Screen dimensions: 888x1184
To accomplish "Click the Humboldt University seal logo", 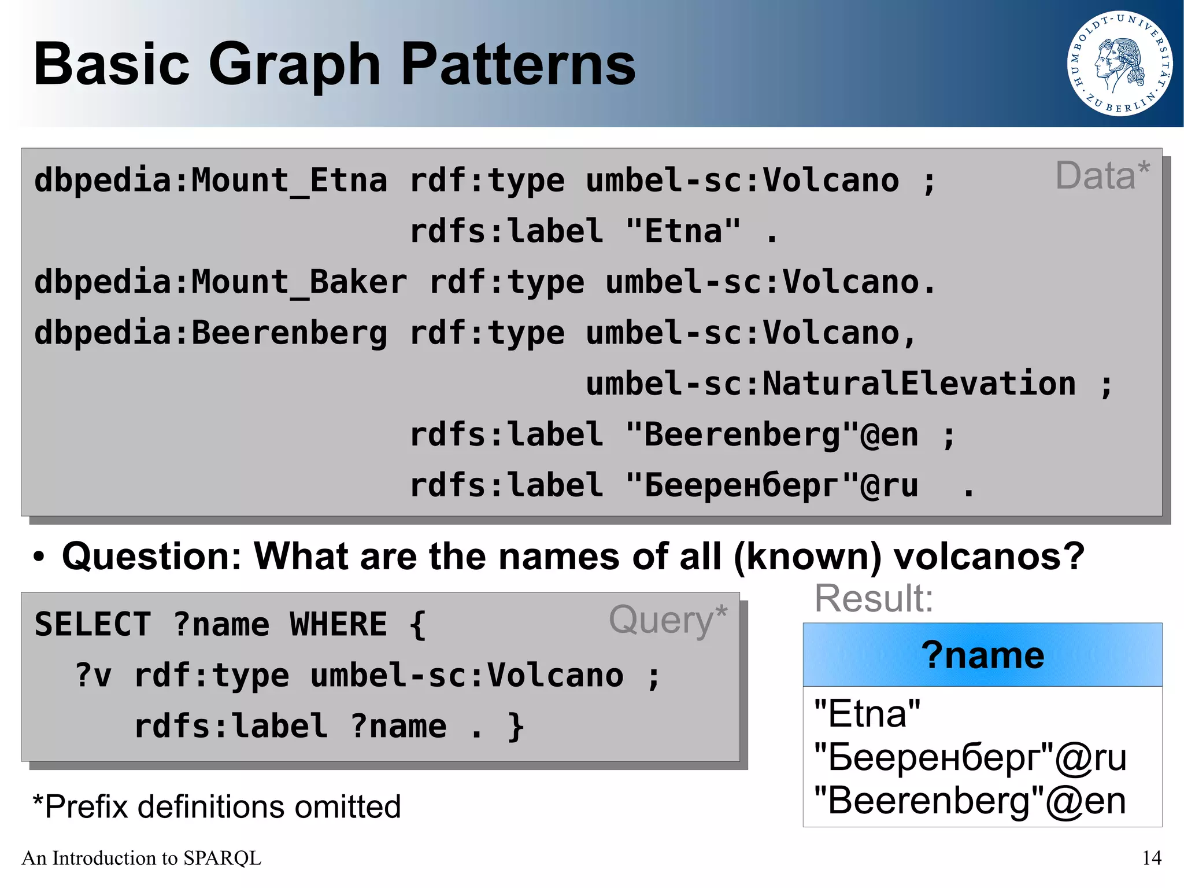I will pyautogui.click(x=1119, y=64).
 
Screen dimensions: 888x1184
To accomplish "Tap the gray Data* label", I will pyautogui.click(x=1102, y=176).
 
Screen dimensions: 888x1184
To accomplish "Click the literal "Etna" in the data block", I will pyautogui.click(x=683, y=231).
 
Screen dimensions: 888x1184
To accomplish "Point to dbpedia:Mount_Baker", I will pyautogui.click(x=220, y=282).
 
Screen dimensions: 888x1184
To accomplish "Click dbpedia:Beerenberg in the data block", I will pyautogui.click(x=210, y=333).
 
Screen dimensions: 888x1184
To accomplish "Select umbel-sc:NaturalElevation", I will pyautogui.click(x=831, y=384).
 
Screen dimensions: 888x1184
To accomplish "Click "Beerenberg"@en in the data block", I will pyautogui.click(x=772, y=435).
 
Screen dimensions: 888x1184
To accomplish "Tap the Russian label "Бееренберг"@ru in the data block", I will pyautogui.click(x=772, y=486).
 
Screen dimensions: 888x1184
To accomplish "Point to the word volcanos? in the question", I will pyautogui.click(x=989, y=557).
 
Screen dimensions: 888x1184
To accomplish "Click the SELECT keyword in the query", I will pyautogui.click(x=92, y=625).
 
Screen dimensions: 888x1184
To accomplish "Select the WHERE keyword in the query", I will pyautogui.click(x=338, y=625).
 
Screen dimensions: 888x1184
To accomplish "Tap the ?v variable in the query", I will pyautogui.click(x=93, y=676).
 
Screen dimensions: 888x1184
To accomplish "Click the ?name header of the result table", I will pyautogui.click(x=982, y=655).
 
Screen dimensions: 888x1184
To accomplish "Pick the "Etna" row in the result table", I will pyautogui.click(x=867, y=714).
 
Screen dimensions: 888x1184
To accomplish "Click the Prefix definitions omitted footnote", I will pyautogui.click(x=217, y=806).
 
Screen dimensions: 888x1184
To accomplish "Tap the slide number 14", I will pyautogui.click(x=1152, y=858).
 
